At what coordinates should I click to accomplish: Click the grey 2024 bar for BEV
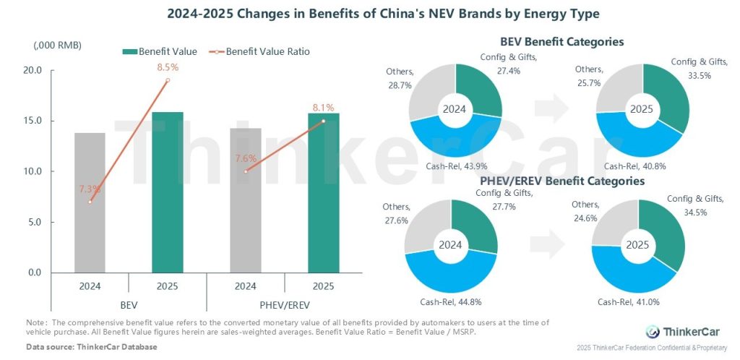90,202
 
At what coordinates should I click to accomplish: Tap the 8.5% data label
167,68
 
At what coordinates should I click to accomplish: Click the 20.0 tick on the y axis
33,71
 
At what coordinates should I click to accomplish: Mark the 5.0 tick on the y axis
33,223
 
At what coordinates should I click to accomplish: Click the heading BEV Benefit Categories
562,42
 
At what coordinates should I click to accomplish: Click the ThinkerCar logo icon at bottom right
653,332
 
